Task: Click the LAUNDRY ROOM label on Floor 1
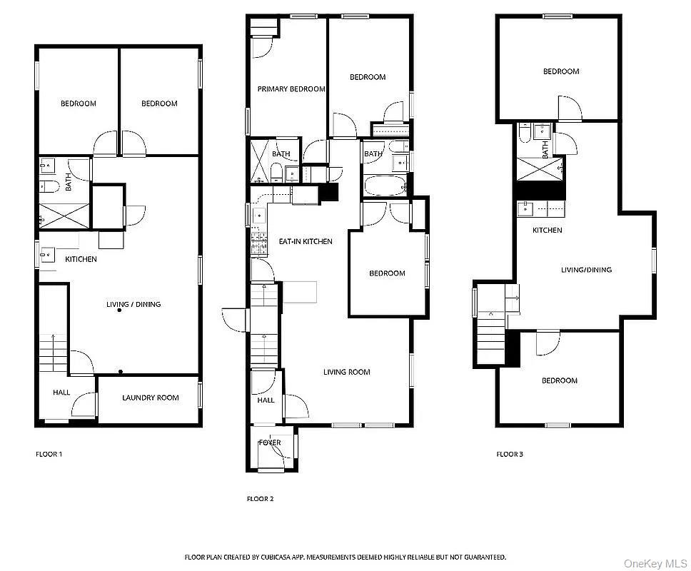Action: tap(150, 398)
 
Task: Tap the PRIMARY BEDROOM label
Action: tap(291, 89)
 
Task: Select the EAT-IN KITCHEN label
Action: tap(305, 241)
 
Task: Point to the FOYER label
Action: tap(270, 443)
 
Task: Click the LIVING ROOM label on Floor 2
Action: tap(346, 372)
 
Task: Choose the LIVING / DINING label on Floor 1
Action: tap(133, 304)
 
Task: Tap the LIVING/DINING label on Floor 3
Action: tap(586, 270)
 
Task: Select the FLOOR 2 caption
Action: tap(260, 499)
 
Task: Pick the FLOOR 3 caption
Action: tap(510, 454)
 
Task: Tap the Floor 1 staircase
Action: tap(54, 353)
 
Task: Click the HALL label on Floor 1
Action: tap(61, 393)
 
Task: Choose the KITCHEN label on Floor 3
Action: tap(548, 230)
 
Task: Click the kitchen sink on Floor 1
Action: tap(48, 253)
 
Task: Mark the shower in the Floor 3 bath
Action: tap(540, 169)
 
